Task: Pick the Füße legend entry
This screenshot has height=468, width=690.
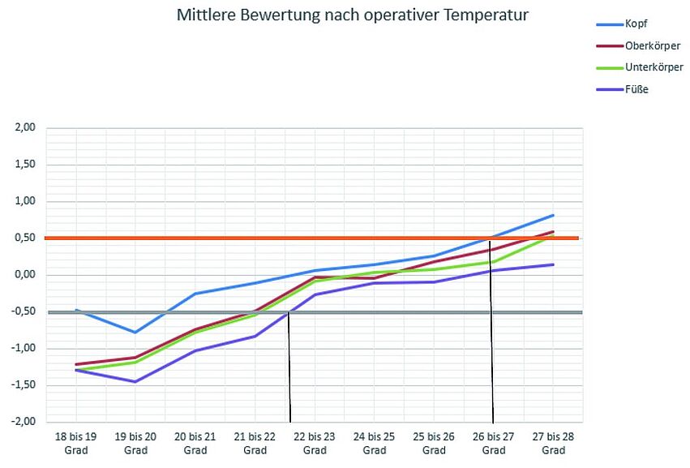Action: [636, 88]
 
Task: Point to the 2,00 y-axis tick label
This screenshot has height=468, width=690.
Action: [24, 128]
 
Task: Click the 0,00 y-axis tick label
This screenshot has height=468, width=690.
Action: [24, 275]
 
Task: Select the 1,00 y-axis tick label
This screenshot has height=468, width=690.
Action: [24, 201]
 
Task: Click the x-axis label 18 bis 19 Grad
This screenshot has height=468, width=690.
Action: [75, 443]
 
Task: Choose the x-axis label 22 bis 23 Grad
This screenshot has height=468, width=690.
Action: [315, 443]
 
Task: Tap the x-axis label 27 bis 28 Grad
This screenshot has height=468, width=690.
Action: [553, 443]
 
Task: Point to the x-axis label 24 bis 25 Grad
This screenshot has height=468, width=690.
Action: [374, 443]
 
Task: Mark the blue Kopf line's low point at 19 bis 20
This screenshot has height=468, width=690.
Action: [135, 333]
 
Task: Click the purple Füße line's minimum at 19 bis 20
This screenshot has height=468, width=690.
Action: [135, 381]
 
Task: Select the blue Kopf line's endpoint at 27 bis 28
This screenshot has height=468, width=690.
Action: [553, 215]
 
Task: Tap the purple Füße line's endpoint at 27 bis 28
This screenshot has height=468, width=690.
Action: [553, 264]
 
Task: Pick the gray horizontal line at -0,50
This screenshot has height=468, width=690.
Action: [203, 312]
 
